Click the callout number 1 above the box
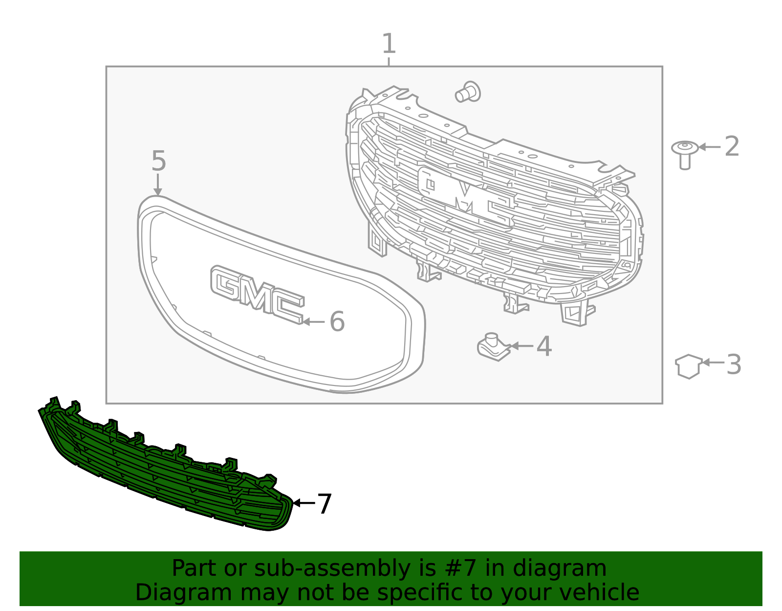pos(389,44)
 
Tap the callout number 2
pos(732,146)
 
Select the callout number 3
pos(734,364)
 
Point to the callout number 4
pos(544,346)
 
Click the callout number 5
pos(158,161)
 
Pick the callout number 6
pos(337,321)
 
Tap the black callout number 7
pos(325,503)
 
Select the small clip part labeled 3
pos(689,366)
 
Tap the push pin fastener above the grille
pos(468,92)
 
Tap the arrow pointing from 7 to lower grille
pos(303,503)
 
